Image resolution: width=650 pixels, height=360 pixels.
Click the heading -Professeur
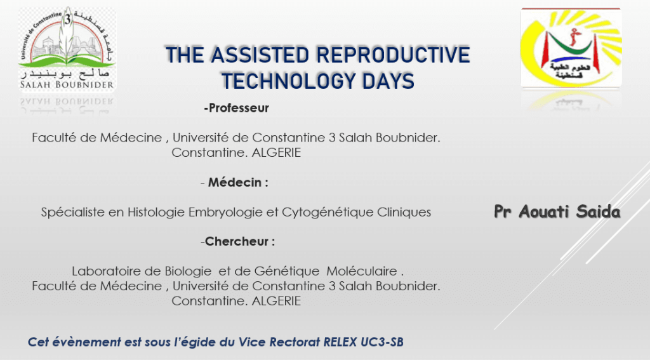(236, 108)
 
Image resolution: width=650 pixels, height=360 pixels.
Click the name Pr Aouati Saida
(557, 211)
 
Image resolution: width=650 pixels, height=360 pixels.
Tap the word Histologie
(156, 212)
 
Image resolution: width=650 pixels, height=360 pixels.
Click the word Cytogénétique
(328, 212)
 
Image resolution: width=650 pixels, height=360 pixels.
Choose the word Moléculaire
(362, 271)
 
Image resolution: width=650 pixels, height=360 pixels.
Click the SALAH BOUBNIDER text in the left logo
(67, 84)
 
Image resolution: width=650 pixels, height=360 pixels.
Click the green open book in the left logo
(66, 62)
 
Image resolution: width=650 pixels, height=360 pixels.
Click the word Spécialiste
(74, 212)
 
